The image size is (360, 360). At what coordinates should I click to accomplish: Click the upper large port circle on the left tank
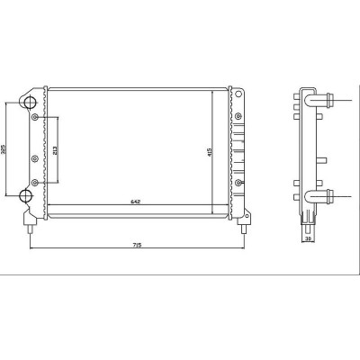(x=28, y=100)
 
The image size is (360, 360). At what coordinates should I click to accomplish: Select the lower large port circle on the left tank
(x=28, y=197)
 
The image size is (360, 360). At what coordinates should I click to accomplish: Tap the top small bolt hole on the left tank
(x=35, y=118)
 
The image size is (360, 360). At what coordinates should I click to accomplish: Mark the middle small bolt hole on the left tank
(x=35, y=158)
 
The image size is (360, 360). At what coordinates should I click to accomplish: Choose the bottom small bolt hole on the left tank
(x=35, y=183)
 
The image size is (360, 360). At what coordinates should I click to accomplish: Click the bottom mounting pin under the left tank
(x=30, y=228)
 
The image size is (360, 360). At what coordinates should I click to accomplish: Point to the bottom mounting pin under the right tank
(x=241, y=228)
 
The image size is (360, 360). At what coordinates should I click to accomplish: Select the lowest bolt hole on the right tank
(x=238, y=183)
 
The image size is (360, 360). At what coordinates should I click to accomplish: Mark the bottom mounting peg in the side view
(x=310, y=218)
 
